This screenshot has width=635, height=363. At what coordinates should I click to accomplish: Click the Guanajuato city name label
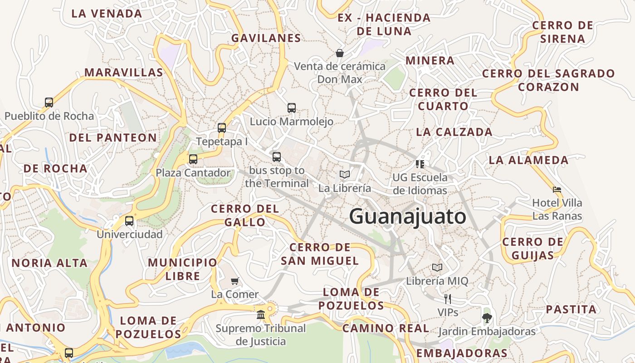tap(407, 216)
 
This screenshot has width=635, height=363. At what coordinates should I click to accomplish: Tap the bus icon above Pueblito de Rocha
tap(49, 103)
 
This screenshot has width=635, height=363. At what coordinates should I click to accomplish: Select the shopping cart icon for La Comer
tap(234, 281)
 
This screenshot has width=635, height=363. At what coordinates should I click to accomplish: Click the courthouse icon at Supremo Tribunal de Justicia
tap(261, 314)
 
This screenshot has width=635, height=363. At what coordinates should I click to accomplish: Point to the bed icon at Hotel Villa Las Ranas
tap(557, 189)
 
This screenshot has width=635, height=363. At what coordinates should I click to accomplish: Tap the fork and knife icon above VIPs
tap(448, 299)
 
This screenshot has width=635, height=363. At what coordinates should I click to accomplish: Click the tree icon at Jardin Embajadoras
tap(487, 318)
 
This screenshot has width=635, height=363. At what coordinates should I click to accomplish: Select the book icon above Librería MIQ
tap(437, 268)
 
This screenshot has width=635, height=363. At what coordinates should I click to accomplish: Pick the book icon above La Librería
tap(345, 174)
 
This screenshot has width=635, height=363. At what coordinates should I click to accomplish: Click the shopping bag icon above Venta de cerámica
tap(339, 53)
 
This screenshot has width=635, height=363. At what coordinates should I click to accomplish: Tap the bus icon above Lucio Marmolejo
tap(292, 108)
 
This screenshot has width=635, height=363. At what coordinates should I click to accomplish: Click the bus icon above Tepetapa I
tap(222, 128)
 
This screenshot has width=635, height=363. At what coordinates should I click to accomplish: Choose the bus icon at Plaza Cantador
tap(193, 159)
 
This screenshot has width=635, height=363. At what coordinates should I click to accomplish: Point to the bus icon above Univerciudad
tap(129, 221)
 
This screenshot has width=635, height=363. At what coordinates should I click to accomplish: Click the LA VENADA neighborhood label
tap(107, 14)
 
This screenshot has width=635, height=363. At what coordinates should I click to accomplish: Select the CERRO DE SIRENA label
tap(562, 32)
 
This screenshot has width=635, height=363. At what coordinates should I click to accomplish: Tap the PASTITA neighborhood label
tap(571, 309)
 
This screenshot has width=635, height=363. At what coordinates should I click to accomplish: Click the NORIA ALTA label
tap(49, 263)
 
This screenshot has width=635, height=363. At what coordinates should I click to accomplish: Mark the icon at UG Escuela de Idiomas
tap(420, 164)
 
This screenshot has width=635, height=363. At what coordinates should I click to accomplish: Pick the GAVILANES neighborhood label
tap(266, 38)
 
